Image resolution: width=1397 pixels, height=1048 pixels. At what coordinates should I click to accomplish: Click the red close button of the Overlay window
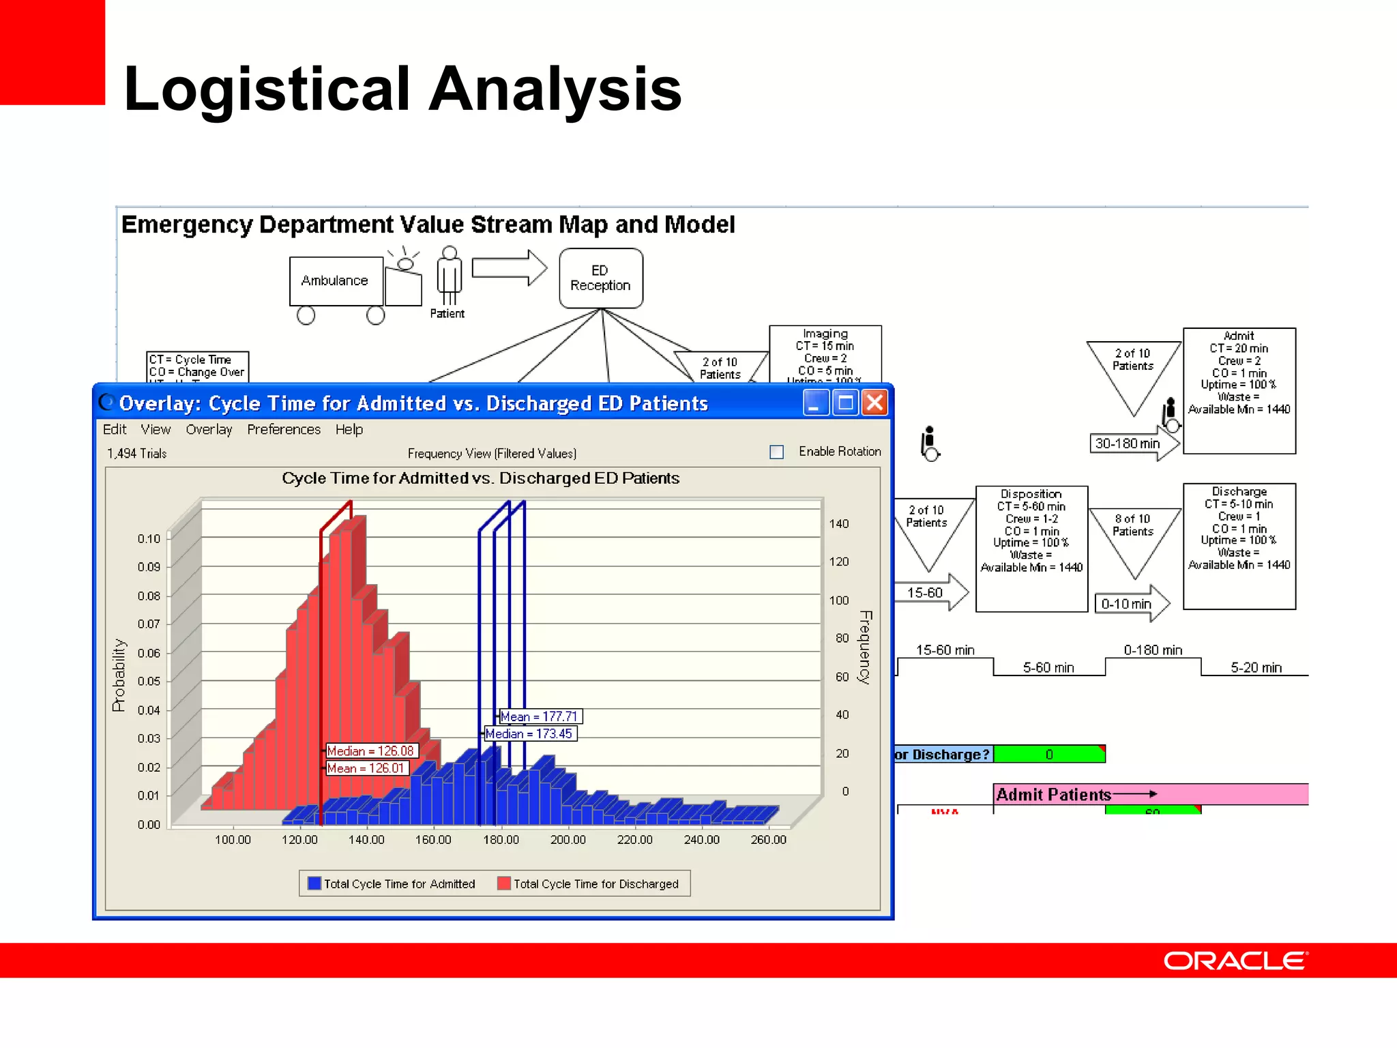point(874,403)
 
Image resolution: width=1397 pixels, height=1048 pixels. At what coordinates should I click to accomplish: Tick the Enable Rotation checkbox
point(776,452)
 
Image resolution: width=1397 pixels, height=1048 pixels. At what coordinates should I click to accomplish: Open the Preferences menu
point(284,429)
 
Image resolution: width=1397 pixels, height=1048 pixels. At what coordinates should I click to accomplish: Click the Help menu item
point(349,429)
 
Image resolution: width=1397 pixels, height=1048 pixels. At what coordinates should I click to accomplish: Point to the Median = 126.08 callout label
point(370,751)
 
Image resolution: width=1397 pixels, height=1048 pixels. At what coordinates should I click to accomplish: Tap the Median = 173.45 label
point(529,733)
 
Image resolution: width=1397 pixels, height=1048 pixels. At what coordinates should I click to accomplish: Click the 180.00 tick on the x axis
point(501,839)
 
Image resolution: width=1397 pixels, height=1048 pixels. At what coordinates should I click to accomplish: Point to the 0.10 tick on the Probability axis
point(149,538)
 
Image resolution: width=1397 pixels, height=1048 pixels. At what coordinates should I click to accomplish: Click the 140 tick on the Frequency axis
point(839,523)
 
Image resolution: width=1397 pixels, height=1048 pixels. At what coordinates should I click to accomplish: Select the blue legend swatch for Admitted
point(314,883)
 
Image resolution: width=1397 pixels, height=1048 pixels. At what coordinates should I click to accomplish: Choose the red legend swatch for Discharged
point(504,883)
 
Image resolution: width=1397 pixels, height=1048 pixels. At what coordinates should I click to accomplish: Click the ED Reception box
point(600,278)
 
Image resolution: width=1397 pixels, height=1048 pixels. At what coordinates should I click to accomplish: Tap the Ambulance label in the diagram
point(334,280)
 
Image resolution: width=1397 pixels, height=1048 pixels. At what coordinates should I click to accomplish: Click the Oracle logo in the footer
point(1235,961)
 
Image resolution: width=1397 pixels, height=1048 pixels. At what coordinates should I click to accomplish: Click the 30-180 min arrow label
point(1127,443)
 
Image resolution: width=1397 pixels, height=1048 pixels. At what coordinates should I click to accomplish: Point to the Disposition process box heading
point(1031,493)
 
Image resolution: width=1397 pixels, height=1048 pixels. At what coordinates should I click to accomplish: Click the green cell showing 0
point(1049,754)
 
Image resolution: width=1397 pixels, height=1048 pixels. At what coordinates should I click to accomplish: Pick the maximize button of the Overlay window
point(845,403)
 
